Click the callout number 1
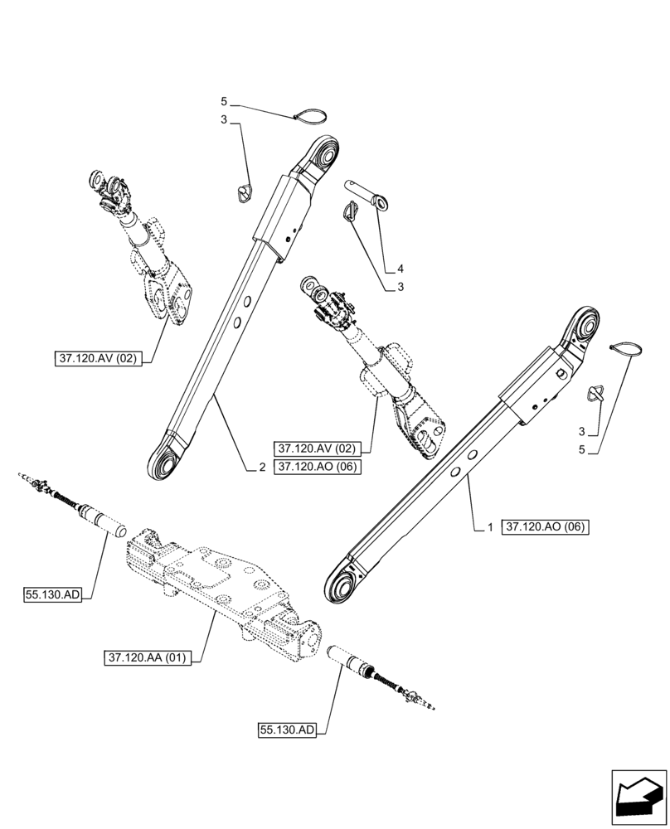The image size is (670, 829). click(490, 527)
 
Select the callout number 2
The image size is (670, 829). click(261, 468)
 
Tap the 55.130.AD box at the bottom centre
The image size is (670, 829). click(287, 730)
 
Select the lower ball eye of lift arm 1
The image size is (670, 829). click(343, 585)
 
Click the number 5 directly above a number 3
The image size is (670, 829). click(224, 101)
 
